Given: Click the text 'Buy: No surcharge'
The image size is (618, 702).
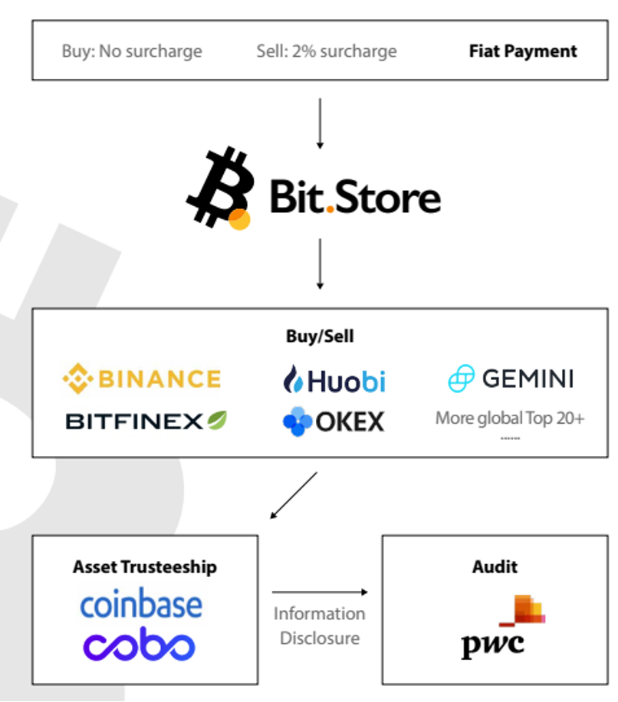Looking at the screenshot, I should tap(132, 52).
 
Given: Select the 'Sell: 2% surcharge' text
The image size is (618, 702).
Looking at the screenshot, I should tap(327, 52).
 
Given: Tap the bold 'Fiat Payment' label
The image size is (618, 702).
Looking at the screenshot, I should tap(523, 52).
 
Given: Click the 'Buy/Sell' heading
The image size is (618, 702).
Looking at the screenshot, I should tap(320, 336).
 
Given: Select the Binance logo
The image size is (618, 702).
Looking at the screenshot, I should tap(142, 379).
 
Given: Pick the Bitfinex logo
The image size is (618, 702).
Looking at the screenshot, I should tap(146, 421).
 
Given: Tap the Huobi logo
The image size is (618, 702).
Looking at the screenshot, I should tap(334, 379).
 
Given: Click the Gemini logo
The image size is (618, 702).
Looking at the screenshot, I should tap(511, 379).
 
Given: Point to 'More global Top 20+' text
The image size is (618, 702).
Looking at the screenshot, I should tap(510, 418).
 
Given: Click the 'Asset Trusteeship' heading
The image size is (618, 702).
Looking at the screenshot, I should tap(145, 567).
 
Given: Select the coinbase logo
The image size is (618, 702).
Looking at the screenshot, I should tap(142, 605).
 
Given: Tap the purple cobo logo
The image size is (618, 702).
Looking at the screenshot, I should tap(140, 645).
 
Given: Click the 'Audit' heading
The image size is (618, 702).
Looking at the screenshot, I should tap(495, 567).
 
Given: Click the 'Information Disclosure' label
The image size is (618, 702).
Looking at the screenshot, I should tap(319, 625).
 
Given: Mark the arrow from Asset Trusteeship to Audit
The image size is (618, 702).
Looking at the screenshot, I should tap(319, 592).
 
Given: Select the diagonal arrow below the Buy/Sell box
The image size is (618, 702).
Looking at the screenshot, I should tap(294, 495).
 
